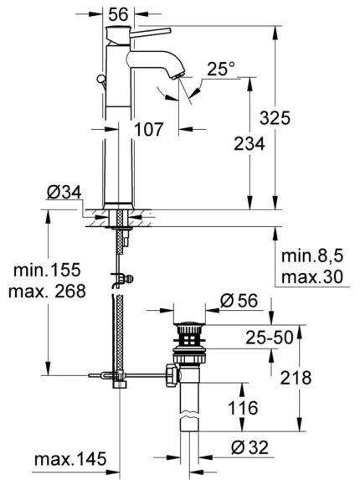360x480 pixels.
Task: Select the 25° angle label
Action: pyautogui.click(x=220, y=72)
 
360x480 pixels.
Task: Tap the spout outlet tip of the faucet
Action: pyautogui.click(x=179, y=73)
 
